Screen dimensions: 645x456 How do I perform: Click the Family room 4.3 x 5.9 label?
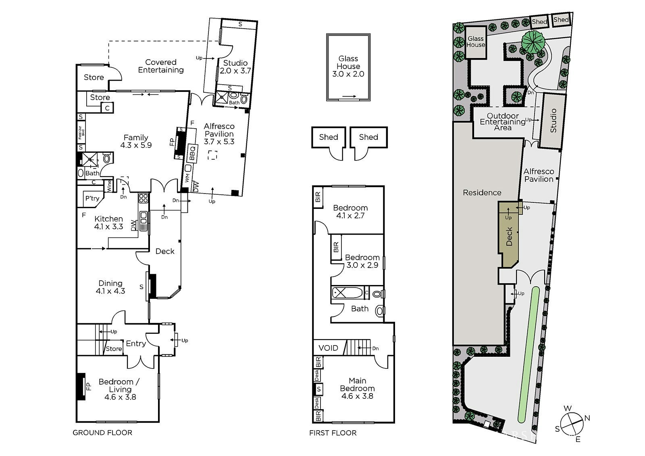(136, 141)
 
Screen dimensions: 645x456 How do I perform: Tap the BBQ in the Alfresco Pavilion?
(192, 153)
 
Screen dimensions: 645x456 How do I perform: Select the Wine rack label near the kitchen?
(109, 186)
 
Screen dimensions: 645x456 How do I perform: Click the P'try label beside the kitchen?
(92, 198)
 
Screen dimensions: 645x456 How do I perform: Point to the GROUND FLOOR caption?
(102, 432)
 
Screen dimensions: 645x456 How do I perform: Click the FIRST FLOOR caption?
(333, 433)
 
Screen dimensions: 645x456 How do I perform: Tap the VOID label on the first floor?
(328, 348)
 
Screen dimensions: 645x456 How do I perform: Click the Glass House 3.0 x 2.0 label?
(348, 66)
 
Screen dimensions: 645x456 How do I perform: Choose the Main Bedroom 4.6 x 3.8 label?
(357, 388)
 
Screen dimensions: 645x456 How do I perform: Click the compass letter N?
(587, 418)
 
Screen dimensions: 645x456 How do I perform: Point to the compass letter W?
(568, 408)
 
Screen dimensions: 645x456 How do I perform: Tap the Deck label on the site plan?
(509, 236)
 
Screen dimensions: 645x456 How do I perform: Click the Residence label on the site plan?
(482, 192)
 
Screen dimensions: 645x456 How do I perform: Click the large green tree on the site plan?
(534, 42)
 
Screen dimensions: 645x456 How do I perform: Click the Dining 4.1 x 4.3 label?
(110, 287)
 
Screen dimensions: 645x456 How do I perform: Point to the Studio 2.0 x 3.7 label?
(235, 67)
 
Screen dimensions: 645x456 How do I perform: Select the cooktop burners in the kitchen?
(144, 198)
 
